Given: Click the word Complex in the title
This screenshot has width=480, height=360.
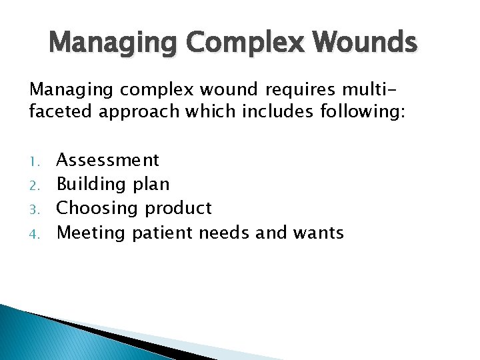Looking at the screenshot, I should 248,44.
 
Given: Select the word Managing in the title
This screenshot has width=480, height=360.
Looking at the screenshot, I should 113,44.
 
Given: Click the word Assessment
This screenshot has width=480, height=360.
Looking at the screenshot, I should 108,160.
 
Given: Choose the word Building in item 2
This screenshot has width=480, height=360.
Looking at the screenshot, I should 91,185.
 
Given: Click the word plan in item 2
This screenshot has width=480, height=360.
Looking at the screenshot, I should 151,185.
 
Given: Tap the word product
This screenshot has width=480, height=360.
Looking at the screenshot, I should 178,209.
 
